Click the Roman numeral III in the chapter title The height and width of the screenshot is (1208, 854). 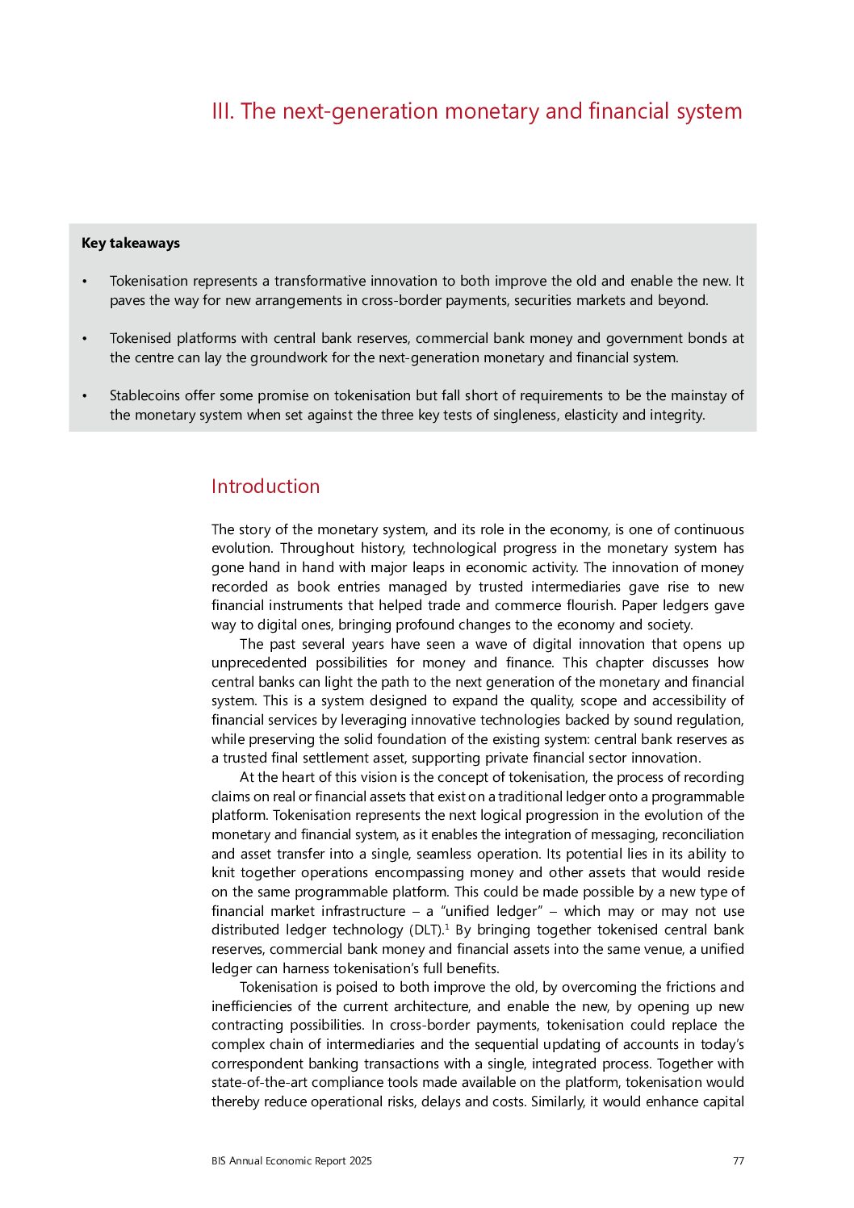pos(222,111)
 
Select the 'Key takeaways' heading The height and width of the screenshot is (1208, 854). pos(131,243)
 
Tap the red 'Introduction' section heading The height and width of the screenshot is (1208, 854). pos(266,487)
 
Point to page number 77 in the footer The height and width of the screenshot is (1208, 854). pos(738,1161)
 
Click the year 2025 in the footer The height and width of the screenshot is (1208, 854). pos(361,1161)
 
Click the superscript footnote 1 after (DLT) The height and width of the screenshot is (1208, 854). pos(447,926)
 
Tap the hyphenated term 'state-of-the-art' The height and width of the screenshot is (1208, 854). pos(260,1083)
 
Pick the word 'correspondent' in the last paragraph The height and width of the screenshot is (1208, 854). pos(257,1064)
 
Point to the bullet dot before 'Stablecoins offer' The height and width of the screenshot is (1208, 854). pos(84,396)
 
